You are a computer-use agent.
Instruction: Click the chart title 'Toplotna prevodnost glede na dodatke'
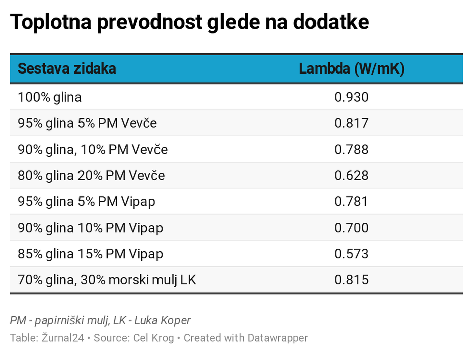tap(189, 23)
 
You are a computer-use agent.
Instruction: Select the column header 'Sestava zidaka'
tap(67, 69)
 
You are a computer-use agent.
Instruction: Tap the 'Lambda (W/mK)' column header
tap(351, 69)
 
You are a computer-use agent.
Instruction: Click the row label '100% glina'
tap(49, 97)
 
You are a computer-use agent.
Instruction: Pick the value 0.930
tap(351, 97)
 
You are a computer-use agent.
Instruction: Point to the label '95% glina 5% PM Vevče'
tap(87, 123)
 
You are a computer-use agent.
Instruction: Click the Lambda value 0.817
tap(351, 123)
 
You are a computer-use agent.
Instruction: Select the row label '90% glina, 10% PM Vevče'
tap(93, 150)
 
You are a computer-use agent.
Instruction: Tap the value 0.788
tap(351, 150)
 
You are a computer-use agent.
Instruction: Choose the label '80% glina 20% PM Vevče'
tap(91, 176)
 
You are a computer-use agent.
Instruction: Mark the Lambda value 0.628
tap(351, 176)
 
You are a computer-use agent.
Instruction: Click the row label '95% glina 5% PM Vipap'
tap(86, 202)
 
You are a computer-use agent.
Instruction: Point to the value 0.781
tap(351, 202)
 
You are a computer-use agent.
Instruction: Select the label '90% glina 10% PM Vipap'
tap(90, 228)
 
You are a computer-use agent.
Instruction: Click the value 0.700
tap(351, 228)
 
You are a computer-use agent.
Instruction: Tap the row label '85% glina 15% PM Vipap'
tap(90, 254)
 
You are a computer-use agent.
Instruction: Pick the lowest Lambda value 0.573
tap(351, 254)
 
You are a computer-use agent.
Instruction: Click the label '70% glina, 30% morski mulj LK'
tap(107, 280)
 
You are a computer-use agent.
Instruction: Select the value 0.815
tap(351, 280)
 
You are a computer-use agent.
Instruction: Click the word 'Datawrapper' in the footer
tap(277, 338)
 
